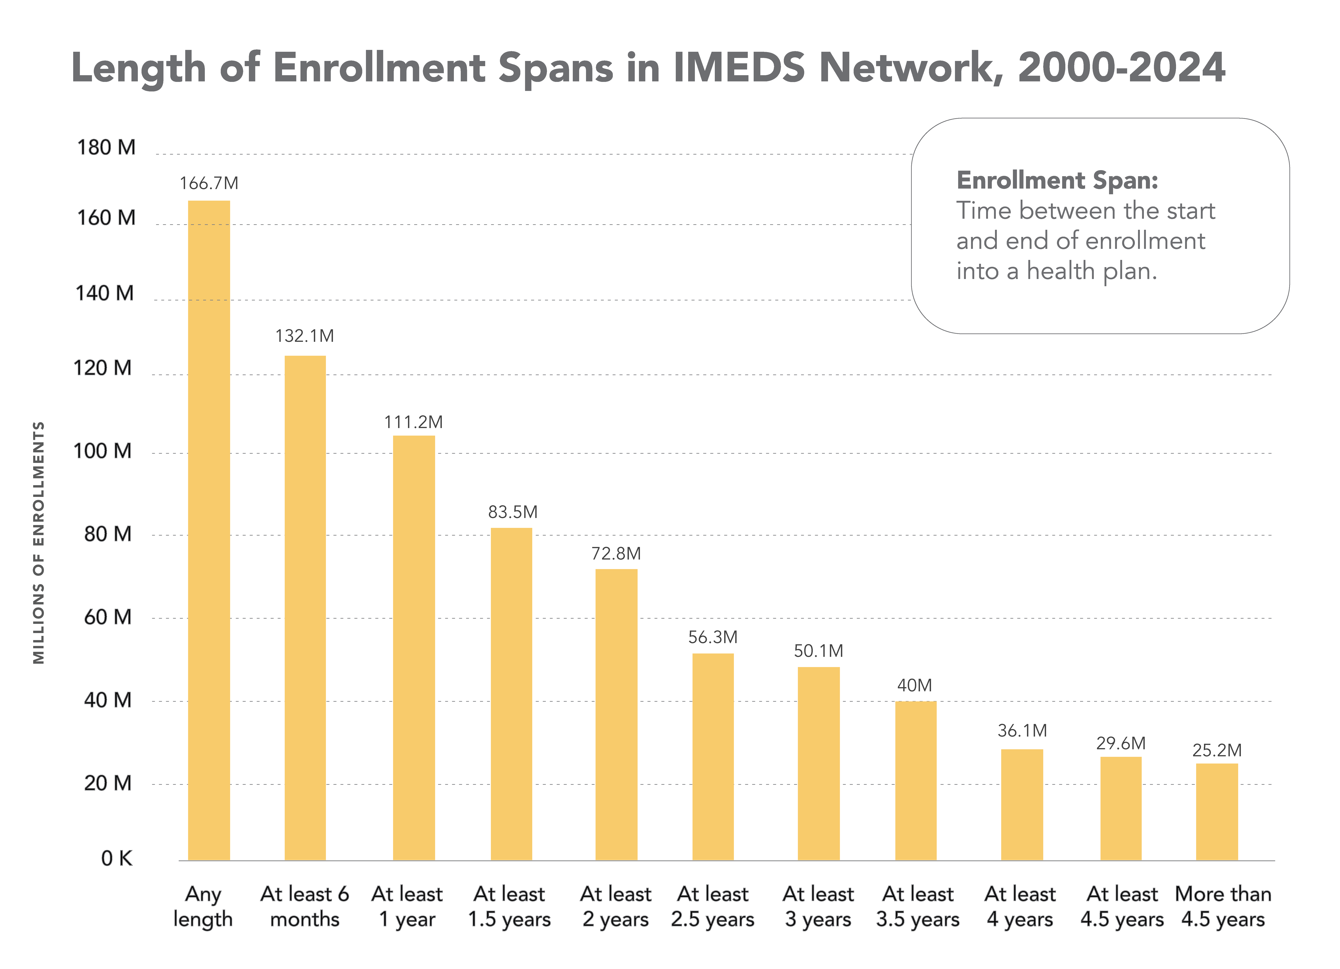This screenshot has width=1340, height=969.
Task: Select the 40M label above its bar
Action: click(915, 685)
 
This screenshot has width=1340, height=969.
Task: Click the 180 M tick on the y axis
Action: click(106, 147)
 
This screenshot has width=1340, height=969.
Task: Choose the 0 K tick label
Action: click(116, 858)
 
